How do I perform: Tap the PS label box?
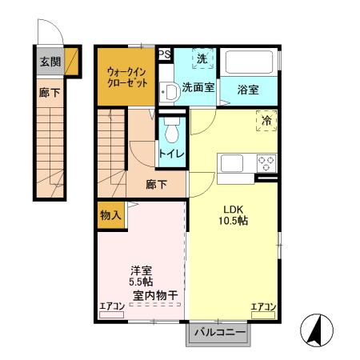(x=164, y=54)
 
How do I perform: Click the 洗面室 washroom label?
(x=197, y=88)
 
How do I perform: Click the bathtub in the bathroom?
(x=249, y=62)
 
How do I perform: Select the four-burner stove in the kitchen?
(x=266, y=163)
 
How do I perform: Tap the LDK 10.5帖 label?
(x=234, y=214)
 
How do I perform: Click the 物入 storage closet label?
(x=110, y=214)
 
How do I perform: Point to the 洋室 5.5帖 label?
(x=142, y=276)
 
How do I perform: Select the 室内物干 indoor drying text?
(x=150, y=294)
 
